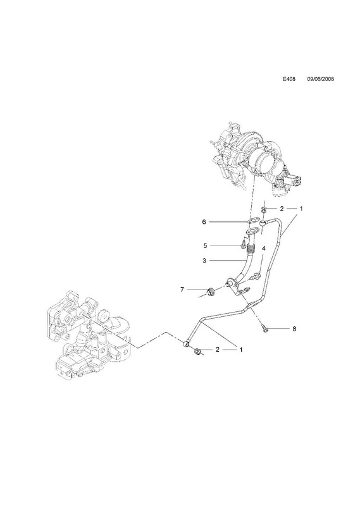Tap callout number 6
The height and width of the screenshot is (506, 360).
[204, 222]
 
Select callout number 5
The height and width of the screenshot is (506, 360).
[205, 245]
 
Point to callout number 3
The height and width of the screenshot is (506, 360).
[204, 261]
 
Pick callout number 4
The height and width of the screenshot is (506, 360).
[263, 249]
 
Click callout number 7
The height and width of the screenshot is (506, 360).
[182, 290]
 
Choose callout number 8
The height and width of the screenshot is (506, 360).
[294, 329]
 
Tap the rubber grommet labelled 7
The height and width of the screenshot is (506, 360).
[211, 291]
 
